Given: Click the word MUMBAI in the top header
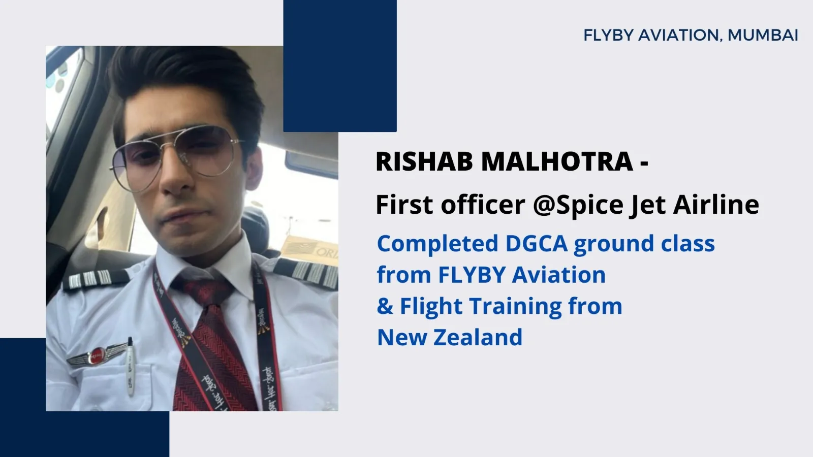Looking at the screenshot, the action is tap(763, 35).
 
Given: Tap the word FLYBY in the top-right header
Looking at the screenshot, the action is tap(608, 35).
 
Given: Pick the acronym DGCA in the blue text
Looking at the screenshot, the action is tap(536, 243).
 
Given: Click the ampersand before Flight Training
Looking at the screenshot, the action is tap(385, 306).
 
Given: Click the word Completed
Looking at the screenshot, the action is tap(437, 244).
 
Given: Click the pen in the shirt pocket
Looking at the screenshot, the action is tap(130, 366).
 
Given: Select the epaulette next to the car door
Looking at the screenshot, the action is tap(96, 279).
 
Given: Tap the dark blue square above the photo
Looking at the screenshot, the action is tap(340, 66).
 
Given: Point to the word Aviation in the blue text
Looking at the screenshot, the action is tap(559, 275).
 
